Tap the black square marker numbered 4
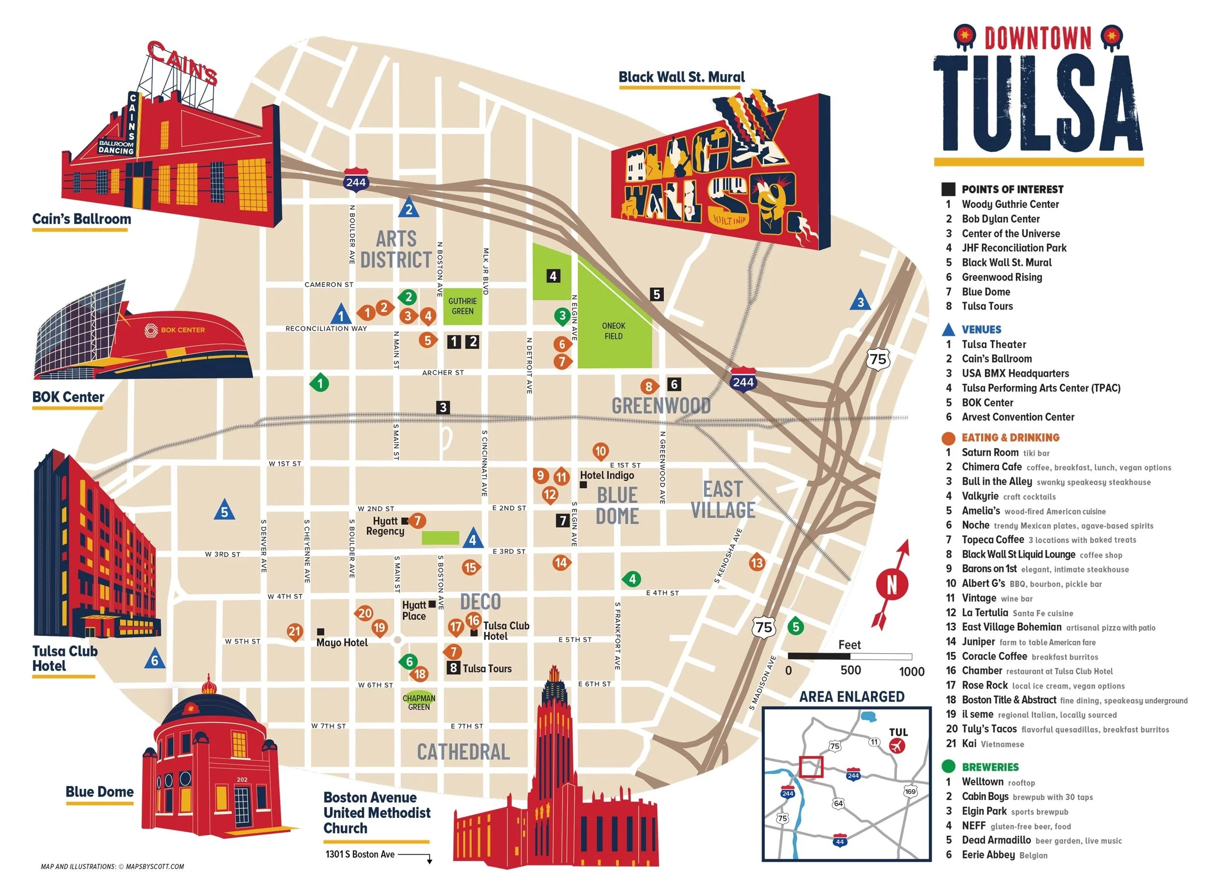(x=552, y=276)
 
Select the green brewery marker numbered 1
(x=320, y=383)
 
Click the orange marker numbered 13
(x=757, y=563)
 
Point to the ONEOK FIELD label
(x=614, y=331)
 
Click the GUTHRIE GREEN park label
(x=462, y=306)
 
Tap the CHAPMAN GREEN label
(x=419, y=703)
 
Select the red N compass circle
(x=891, y=584)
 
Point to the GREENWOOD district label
(x=660, y=405)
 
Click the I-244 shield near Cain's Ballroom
(x=356, y=181)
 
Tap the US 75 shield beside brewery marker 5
(x=764, y=627)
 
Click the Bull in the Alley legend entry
(x=997, y=482)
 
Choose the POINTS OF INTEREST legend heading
(x=1012, y=189)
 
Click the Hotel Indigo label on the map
(x=606, y=475)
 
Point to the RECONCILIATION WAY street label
(x=326, y=328)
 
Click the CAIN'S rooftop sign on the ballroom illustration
(x=182, y=63)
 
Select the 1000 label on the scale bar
(x=911, y=671)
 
